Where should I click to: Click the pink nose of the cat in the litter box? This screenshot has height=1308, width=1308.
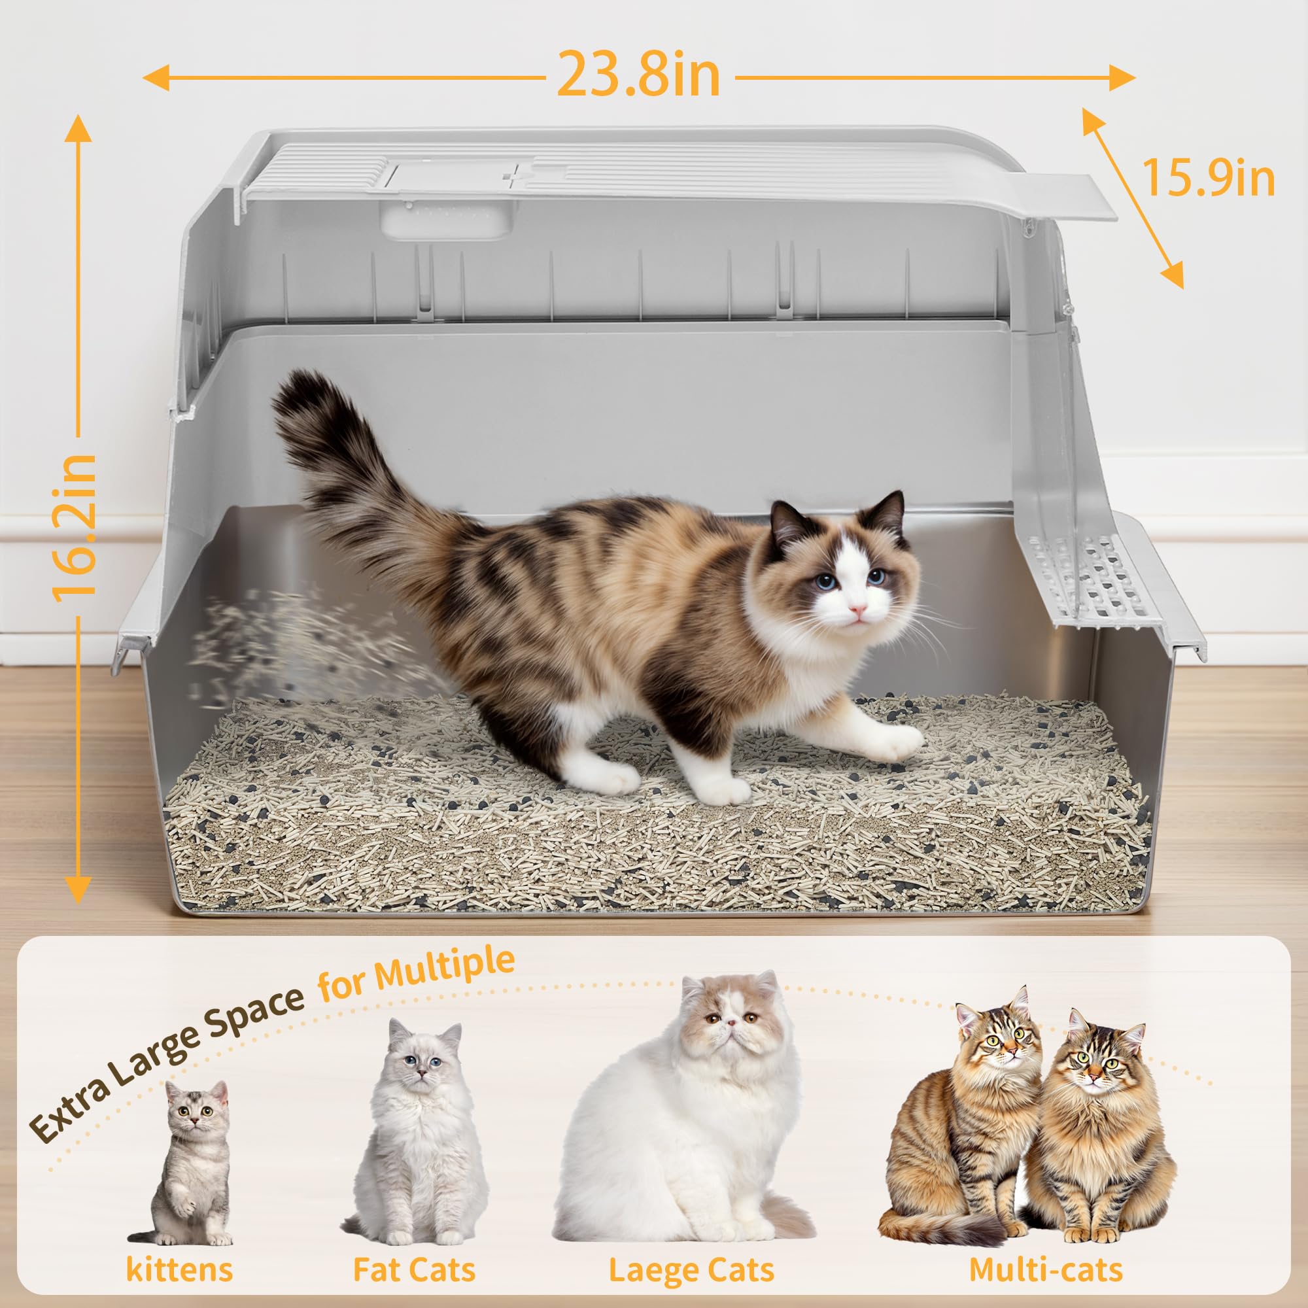point(858,610)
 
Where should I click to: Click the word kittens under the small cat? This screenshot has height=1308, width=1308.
point(179,1269)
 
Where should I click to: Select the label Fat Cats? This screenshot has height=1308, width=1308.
point(415,1269)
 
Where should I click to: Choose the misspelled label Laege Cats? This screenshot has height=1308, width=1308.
point(691,1270)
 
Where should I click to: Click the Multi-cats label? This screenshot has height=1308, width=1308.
point(1046,1269)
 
